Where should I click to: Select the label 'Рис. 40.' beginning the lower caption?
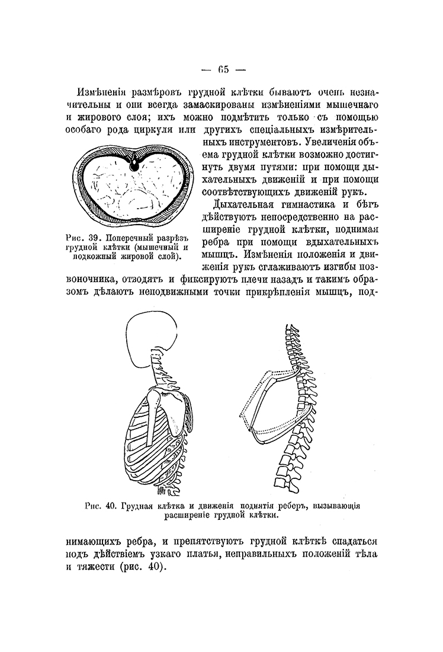click(x=102, y=506)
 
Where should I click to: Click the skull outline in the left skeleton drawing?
click(x=152, y=334)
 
